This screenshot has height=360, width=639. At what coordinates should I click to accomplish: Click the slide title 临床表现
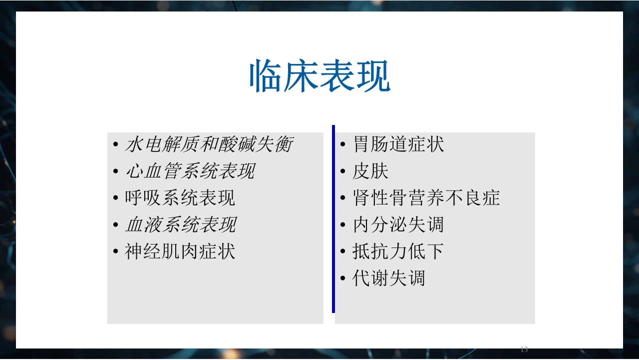pyautogui.click(x=319, y=76)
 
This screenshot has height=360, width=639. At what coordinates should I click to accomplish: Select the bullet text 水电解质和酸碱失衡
pyautogui.click(x=209, y=144)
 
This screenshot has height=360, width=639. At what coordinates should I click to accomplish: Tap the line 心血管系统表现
pyautogui.click(x=190, y=171)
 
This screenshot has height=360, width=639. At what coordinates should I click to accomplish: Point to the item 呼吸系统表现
pyautogui.click(x=180, y=198)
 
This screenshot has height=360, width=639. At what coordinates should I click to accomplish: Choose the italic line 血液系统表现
pyautogui.click(x=181, y=224)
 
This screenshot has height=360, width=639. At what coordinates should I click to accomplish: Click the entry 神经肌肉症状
pyautogui.click(x=180, y=251)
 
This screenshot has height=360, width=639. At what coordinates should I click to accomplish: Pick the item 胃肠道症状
pyautogui.click(x=398, y=144)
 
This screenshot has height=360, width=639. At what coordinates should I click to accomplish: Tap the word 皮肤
pyautogui.click(x=370, y=171)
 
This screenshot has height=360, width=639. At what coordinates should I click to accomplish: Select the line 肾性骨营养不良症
pyautogui.click(x=426, y=198)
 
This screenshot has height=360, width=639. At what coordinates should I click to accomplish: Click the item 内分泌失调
pyautogui.click(x=398, y=224)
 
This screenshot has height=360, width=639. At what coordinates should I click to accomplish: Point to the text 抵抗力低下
pyautogui.click(x=398, y=251)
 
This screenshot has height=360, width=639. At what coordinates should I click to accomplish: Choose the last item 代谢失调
pyautogui.click(x=389, y=278)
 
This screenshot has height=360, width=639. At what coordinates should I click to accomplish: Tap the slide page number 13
pyautogui.click(x=524, y=349)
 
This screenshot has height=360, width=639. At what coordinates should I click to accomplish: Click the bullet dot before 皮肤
pyautogui.click(x=343, y=171)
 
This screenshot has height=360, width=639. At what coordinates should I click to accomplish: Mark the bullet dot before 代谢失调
pyautogui.click(x=343, y=278)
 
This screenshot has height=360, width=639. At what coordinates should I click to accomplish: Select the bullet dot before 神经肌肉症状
pyautogui.click(x=115, y=251)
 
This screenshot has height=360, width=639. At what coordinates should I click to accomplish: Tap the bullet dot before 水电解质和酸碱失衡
pyautogui.click(x=115, y=145)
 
